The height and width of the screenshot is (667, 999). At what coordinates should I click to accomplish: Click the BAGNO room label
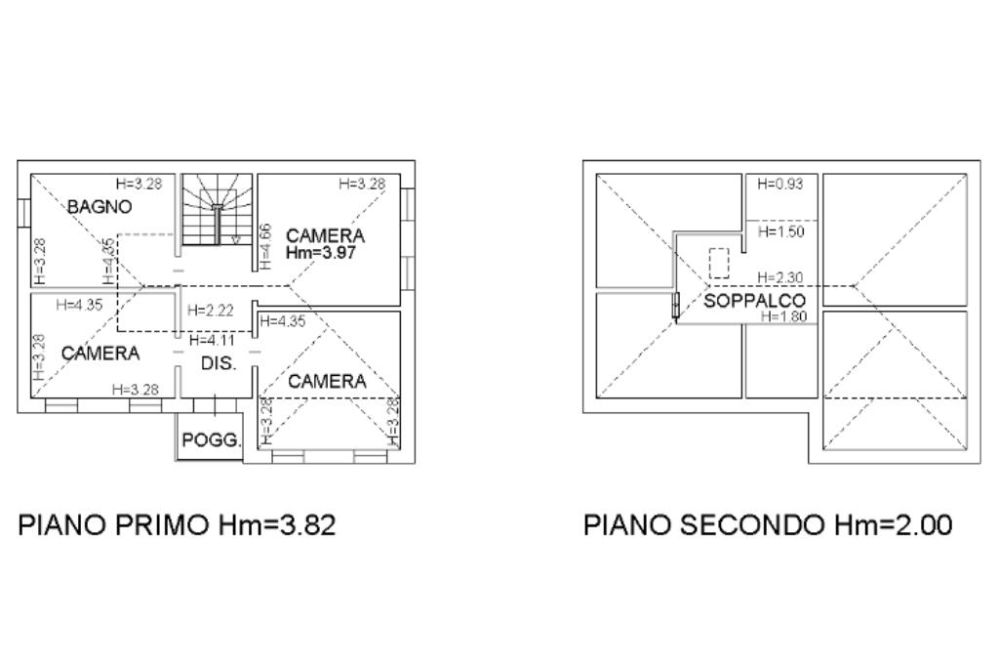click(x=100, y=207)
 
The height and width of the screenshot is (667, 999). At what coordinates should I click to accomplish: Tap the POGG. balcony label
click(x=212, y=440)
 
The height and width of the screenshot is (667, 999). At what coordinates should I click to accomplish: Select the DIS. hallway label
click(x=219, y=363)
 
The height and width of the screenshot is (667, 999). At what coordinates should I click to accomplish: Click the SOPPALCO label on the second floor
click(x=754, y=301)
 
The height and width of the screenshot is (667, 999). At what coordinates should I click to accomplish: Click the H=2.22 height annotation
click(x=211, y=311)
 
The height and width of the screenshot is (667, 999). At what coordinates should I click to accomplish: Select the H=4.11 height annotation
click(x=212, y=340)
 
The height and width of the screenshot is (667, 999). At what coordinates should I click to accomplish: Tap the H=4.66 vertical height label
click(x=265, y=245)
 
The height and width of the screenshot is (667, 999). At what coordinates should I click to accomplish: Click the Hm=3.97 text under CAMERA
click(x=321, y=253)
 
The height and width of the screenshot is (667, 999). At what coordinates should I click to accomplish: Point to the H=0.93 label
click(x=779, y=185)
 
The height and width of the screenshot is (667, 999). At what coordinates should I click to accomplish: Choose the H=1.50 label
click(x=781, y=231)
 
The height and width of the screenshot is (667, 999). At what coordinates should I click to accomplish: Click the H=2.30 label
click(x=779, y=277)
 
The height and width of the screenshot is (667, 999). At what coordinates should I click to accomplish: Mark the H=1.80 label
click(x=783, y=316)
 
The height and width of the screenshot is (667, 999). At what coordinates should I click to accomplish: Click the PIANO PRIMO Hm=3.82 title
click(x=178, y=524)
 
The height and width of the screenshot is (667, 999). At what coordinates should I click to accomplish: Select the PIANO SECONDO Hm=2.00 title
click(x=769, y=524)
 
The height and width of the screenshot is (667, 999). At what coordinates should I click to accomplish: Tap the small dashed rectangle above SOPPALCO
click(x=719, y=264)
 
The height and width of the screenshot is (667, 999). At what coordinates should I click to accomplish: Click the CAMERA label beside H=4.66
click(x=326, y=235)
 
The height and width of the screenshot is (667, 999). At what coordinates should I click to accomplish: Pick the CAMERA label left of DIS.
click(x=100, y=353)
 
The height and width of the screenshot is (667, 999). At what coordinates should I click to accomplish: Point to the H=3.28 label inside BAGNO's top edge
click(x=139, y=184)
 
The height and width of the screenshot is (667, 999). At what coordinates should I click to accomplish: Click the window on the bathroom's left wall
click(x=24, y=212)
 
